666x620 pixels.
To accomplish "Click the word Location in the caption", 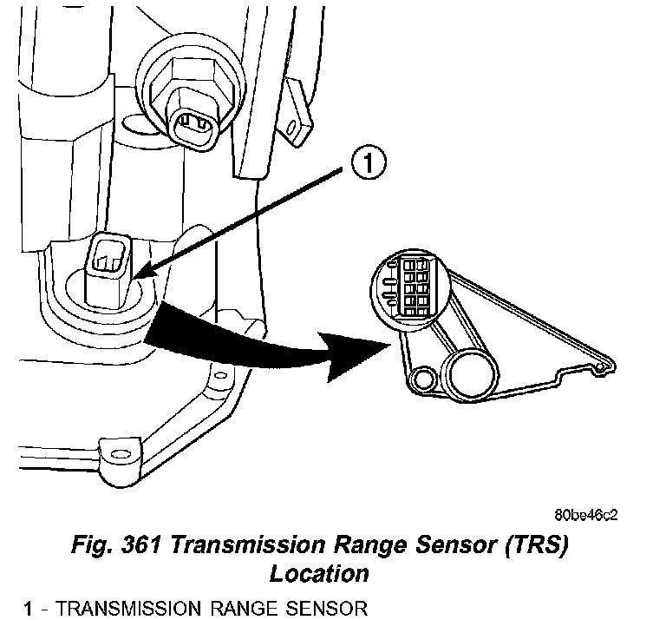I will (x=319, y=574).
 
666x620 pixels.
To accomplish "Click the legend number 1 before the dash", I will (x=29, y=608).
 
